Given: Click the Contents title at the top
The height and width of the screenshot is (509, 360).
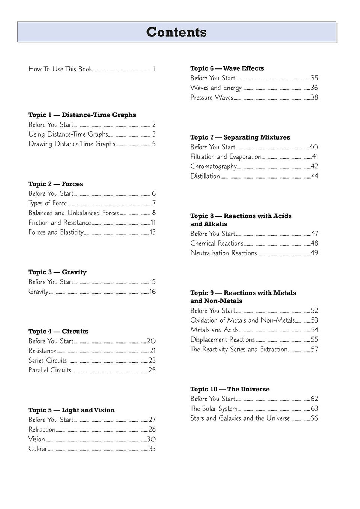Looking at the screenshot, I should pos(176,32).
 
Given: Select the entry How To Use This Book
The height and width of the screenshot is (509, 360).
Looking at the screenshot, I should pos(60,69).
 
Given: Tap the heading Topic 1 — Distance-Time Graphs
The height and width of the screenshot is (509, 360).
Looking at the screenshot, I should pos(82,115).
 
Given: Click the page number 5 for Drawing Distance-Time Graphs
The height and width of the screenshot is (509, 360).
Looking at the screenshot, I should pos(154,144).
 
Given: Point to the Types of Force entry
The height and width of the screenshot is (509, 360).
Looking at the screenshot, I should pos(48,203).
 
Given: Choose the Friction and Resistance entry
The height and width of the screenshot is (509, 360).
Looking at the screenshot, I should pos(60,223).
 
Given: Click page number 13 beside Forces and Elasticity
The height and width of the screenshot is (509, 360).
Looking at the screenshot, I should pos(152,232).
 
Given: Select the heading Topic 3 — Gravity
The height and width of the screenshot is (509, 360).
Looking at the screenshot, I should pos(57,272).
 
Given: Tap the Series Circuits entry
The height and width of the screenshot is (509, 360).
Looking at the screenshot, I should pos(48,360).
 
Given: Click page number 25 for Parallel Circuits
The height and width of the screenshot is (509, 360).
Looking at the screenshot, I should pos(152,370).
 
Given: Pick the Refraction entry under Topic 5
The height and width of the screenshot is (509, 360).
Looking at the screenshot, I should pos(42,429).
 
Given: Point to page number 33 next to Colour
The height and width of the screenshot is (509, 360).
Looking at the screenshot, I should pos(152,449).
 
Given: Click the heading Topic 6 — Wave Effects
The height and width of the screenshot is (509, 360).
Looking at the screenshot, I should pos(227,68).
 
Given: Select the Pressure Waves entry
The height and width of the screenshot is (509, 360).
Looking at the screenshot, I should pos(212,98).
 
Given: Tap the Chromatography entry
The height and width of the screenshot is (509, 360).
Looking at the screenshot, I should pos(214,167).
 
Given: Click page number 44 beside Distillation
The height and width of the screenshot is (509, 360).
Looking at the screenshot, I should pos(315,176).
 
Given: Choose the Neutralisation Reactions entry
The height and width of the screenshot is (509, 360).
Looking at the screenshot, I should pos(224,253).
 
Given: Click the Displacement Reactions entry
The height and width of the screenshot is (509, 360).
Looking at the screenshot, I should pos(223,340).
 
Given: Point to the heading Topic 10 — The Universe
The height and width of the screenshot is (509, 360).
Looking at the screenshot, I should pos(230,389).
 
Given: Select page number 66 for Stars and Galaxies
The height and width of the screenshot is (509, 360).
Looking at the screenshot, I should pos(314,418).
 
